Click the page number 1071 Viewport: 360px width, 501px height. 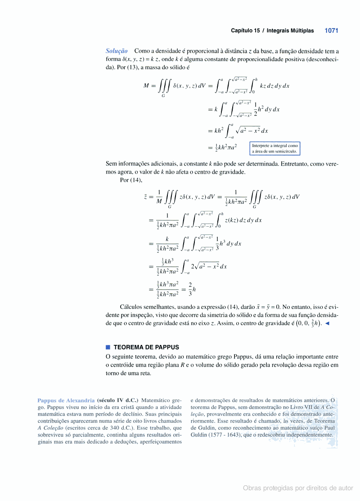tap(331, 31)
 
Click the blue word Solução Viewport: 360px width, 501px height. tap(117, 51)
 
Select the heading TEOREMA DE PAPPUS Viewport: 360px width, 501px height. tap(146, 347)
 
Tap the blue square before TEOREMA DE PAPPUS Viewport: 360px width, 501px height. tap(108, 347)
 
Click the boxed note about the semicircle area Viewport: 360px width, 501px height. tap(275, 148)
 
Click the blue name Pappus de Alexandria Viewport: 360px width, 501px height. tap(66, 400)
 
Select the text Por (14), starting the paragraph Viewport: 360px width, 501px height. tap(131, 180)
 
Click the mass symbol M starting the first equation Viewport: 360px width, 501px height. tap(146, 85)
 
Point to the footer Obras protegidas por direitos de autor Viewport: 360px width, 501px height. tap(298, 488)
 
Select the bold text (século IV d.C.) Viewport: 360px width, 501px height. tap(117, 400)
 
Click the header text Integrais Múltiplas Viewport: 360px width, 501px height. tap(290, 31)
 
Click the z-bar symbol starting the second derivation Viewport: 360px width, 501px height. tap(145, 197)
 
